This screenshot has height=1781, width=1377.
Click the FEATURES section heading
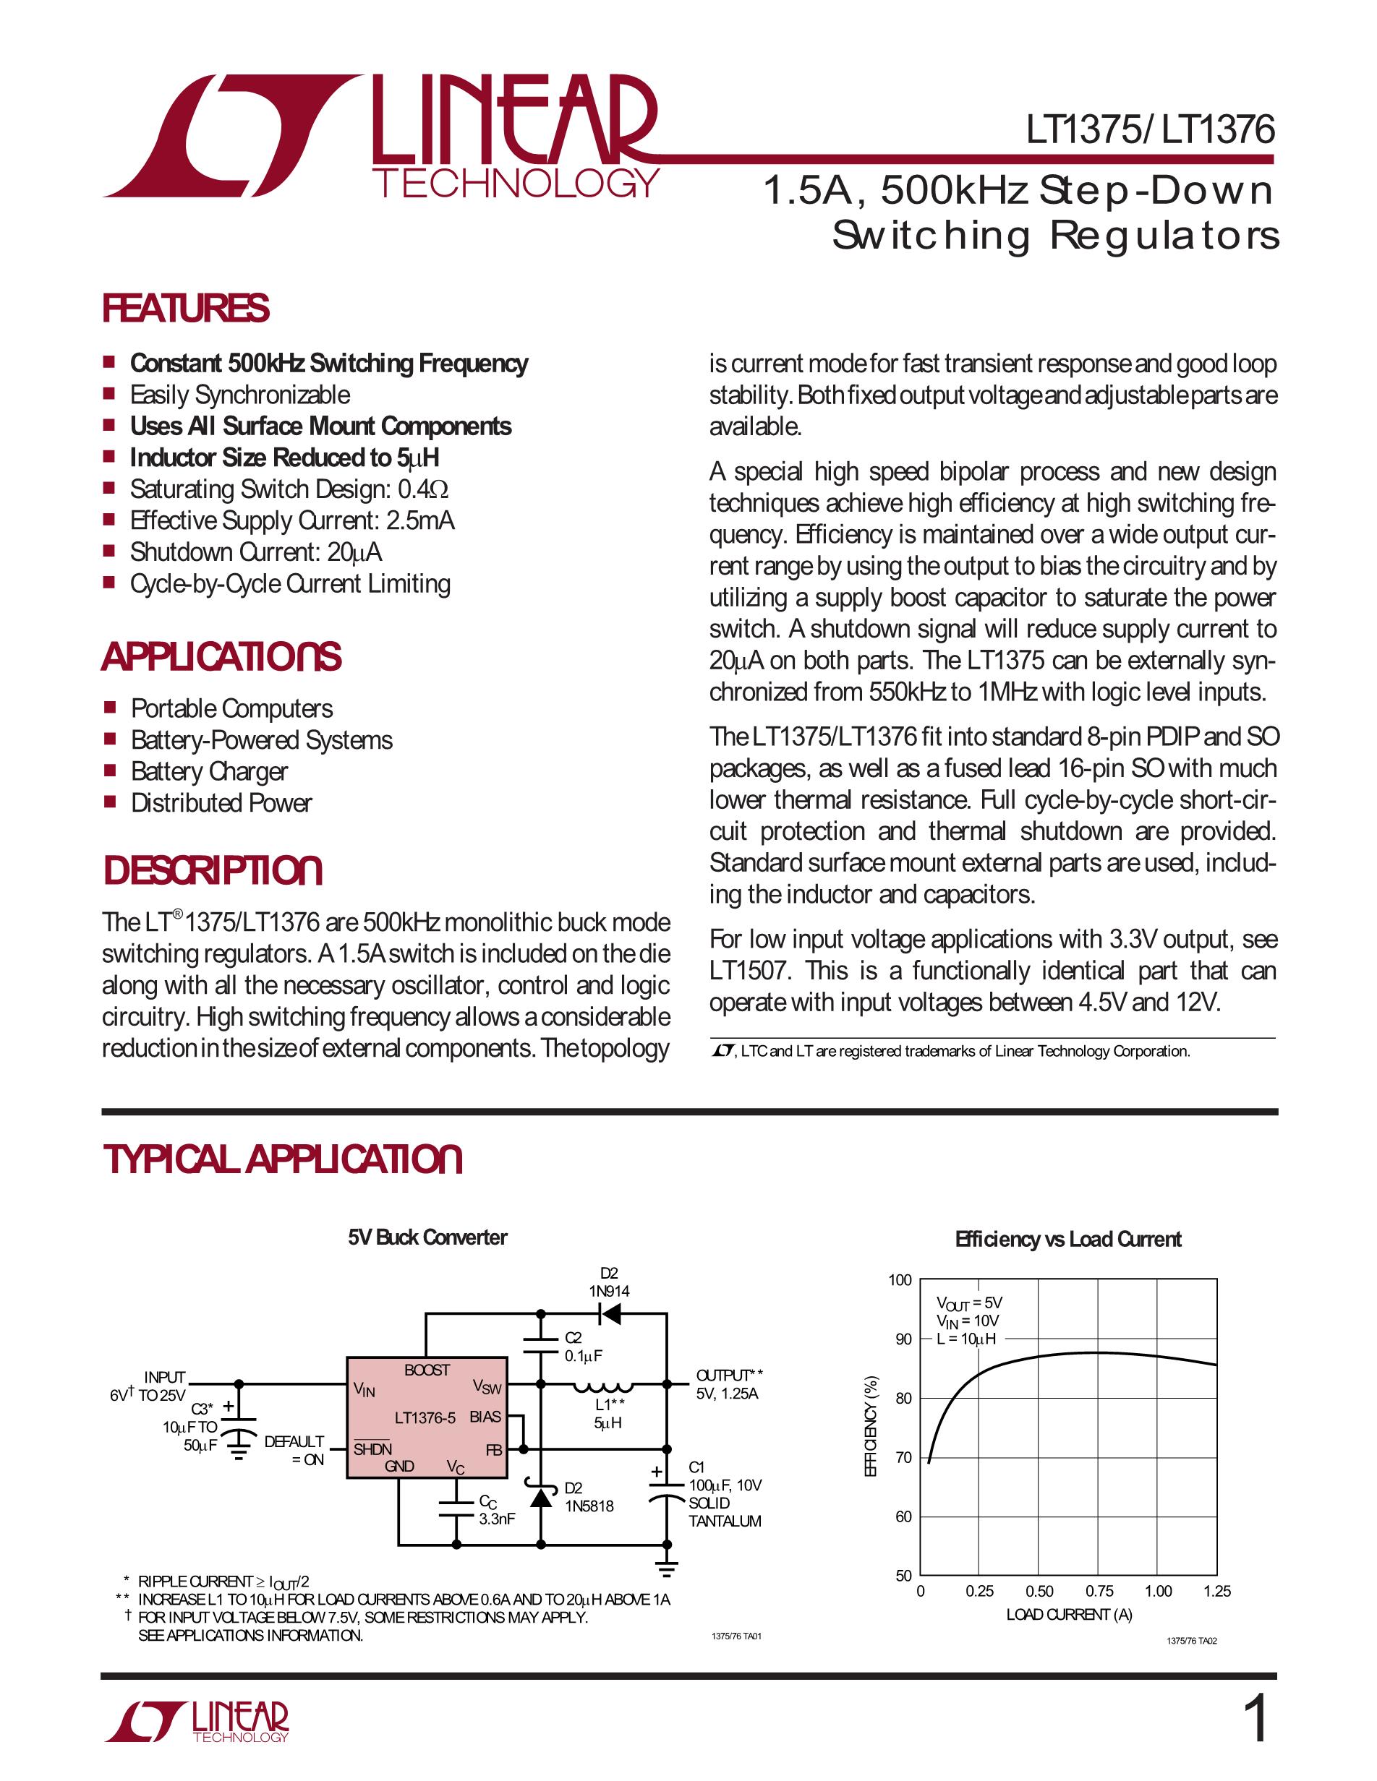coord(185,308)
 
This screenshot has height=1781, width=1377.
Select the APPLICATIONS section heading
coord(221,657)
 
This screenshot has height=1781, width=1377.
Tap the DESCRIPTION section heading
coord(212,870)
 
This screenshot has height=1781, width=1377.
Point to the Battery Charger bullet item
coord(210,771)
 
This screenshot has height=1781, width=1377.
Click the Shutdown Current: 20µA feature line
coord(255,552)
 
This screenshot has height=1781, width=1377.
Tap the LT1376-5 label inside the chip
coord(425,1418)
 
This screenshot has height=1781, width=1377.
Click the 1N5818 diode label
coord(589,1506)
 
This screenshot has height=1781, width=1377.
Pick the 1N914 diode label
coord(610,1291)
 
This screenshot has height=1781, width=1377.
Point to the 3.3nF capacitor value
coord(497,1519)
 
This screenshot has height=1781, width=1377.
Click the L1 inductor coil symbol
coord(603,1385)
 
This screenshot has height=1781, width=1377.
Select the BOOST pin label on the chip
coord(427,1370)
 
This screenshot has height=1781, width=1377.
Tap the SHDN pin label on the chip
coord(372,1449)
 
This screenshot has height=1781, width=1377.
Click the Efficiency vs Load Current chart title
coord(1068,1240)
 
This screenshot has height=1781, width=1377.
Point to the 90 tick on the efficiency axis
coord(903,1339)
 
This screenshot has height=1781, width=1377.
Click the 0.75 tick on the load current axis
coord(1099,1591)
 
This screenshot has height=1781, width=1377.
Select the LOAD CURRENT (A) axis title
coord(1069,1615)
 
